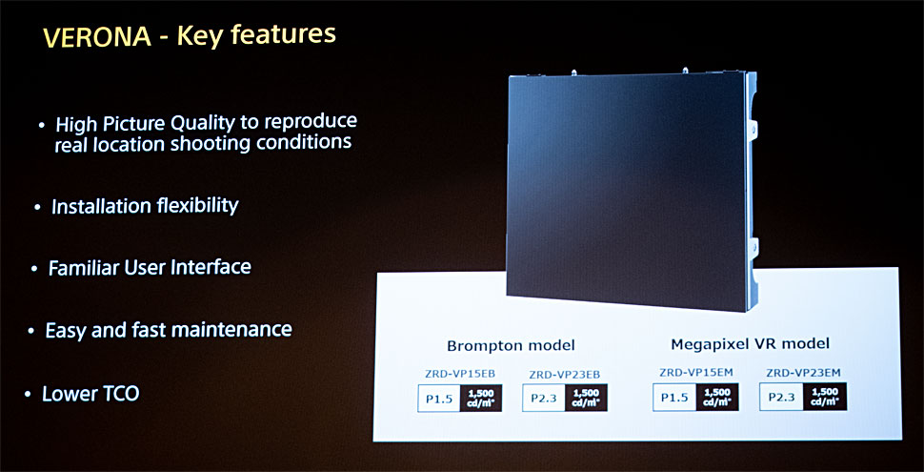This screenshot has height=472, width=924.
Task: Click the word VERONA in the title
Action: [x=96, y=37]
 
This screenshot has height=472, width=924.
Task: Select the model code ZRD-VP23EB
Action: [x=565, y=374]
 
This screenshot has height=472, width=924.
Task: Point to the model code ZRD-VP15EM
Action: [x=695, y=372]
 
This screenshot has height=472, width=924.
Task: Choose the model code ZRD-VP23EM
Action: [x=803, y=372]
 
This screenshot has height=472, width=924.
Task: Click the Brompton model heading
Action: [x=511, y=345]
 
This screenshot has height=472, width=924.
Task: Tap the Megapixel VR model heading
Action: [x=751, y=343]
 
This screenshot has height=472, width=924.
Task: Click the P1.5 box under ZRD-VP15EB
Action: [x=439, y=399]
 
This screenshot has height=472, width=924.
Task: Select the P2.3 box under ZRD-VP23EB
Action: [x=543, y=399]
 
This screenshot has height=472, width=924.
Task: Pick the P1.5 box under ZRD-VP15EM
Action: [x=674, y=397]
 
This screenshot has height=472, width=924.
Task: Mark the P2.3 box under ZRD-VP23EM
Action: [x=781, y=397]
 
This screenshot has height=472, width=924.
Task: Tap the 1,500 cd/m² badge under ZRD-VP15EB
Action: [x=481, y=399]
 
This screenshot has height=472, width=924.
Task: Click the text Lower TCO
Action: [x=90, y=394]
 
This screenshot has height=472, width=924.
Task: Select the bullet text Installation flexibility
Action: [x=145, y=206]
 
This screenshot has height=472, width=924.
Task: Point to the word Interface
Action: [x=211, y=267]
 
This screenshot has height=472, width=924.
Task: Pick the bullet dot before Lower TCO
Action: [x=28, y=394]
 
